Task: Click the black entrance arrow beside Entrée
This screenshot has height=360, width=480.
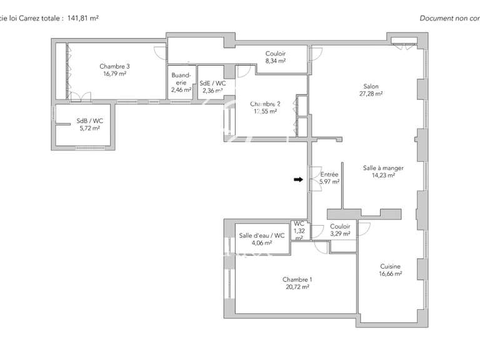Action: pyautogui.click(x=298, y=180)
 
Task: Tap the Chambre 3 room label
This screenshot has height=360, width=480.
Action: pyautogui.click(x=114, y=66)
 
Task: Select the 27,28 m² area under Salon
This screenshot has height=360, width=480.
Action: pyautogui.click(x=371, y=94)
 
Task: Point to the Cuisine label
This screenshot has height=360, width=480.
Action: pyautogui.click(x=390, y=266)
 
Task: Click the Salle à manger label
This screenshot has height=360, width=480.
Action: pyautogui.click(x=383, y=167)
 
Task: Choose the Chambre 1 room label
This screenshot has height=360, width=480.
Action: pyautogui.click(x=297, y=279)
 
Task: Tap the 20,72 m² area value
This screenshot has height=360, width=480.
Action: pyautogui.click(x=297, y=287)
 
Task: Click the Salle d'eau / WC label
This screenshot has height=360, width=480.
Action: pyautogui.click(x=262, y=236)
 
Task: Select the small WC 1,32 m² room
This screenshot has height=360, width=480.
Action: pyautogui.click(x=299, y=231)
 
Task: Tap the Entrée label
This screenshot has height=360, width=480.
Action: pyautogui.click(x=329, y=175)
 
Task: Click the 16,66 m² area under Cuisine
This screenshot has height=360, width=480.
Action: pyautogui.click(x=390, y=273)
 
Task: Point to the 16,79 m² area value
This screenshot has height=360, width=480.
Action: pyautogui.click(x=114, y=73)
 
